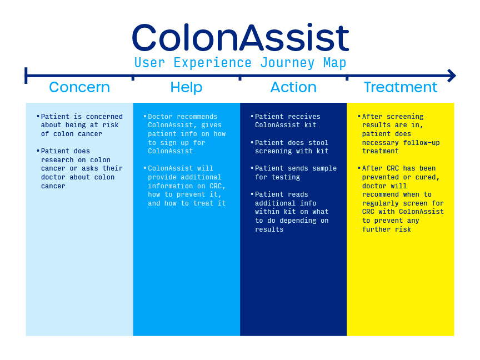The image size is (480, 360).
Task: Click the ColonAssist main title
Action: pyautogui.click(x=241, y=37)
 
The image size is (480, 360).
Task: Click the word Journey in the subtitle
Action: pyautogui.click(x=287, y=63)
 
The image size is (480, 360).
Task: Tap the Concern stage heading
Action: pyautogui.click(x=79, y=87)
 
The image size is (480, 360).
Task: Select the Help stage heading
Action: pyautogui.click(x=186, y=88)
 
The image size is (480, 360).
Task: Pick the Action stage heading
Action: pyautogui.click(x=293, y=87)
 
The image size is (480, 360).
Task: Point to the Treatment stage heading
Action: pyautogui.click(x=401, y=87)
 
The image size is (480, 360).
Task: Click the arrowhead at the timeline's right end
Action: pyautogui.click(x=452, y=76)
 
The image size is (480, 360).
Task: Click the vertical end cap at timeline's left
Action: pyautogui.click(x=26, y=76)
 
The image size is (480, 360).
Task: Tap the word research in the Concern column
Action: pyautogui.click(x=57, y=160)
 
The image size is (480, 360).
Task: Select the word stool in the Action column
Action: pyautogui.click(x=318, y=143)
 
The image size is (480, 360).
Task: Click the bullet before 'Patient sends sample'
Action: pyautogui.click(x=252, y=168)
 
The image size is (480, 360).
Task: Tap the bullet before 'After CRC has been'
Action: pyautogui.click(x=359, y=168)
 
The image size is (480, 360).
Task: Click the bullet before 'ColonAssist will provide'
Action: pyautogui.click(x=145, y=168)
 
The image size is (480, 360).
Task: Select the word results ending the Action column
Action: pyautogui.click(x=269, y=229)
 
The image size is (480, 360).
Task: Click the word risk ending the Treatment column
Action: pyautogui.click(x=403, y=229)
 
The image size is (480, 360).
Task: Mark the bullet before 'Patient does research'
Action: pyautogui.click(x=38, y=151)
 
